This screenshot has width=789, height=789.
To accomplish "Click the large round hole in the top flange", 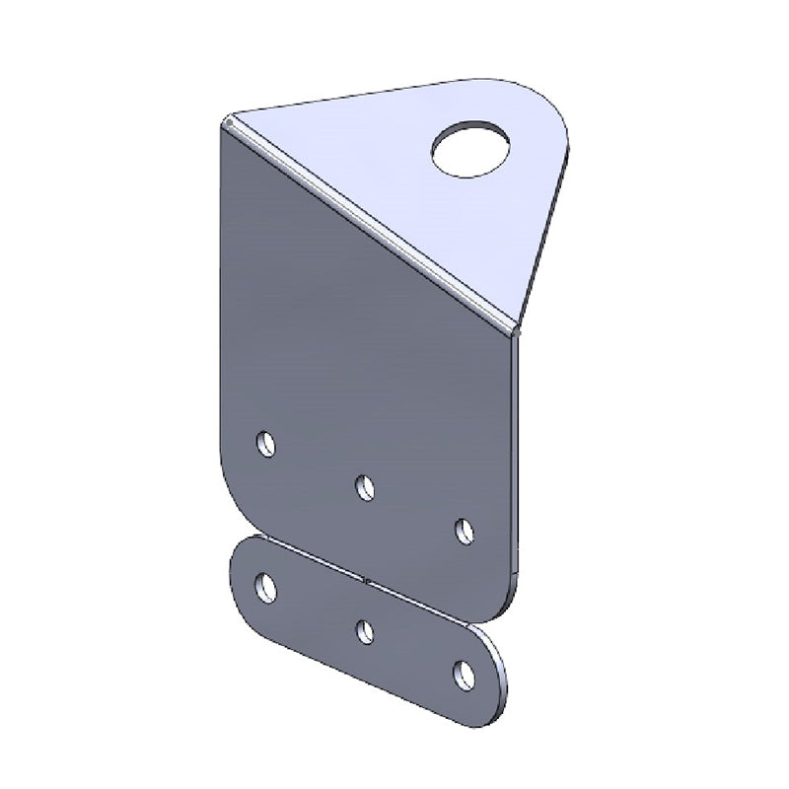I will click(471, 148).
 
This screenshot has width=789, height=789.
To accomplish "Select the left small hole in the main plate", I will click(265, 444).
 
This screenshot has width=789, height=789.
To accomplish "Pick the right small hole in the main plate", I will click(465, 531).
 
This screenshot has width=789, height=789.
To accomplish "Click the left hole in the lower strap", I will click(265, 587).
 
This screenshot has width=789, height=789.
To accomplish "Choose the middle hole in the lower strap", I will click(366, 631).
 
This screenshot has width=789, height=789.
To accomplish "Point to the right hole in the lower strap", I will click(465, 675).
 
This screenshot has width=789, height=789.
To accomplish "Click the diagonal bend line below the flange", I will click(370, 222).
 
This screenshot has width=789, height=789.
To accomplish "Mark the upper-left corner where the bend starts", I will click(227, 121).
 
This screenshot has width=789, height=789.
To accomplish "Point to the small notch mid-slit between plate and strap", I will click(366, 580).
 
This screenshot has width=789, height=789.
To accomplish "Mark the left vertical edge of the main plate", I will click(219, 296).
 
